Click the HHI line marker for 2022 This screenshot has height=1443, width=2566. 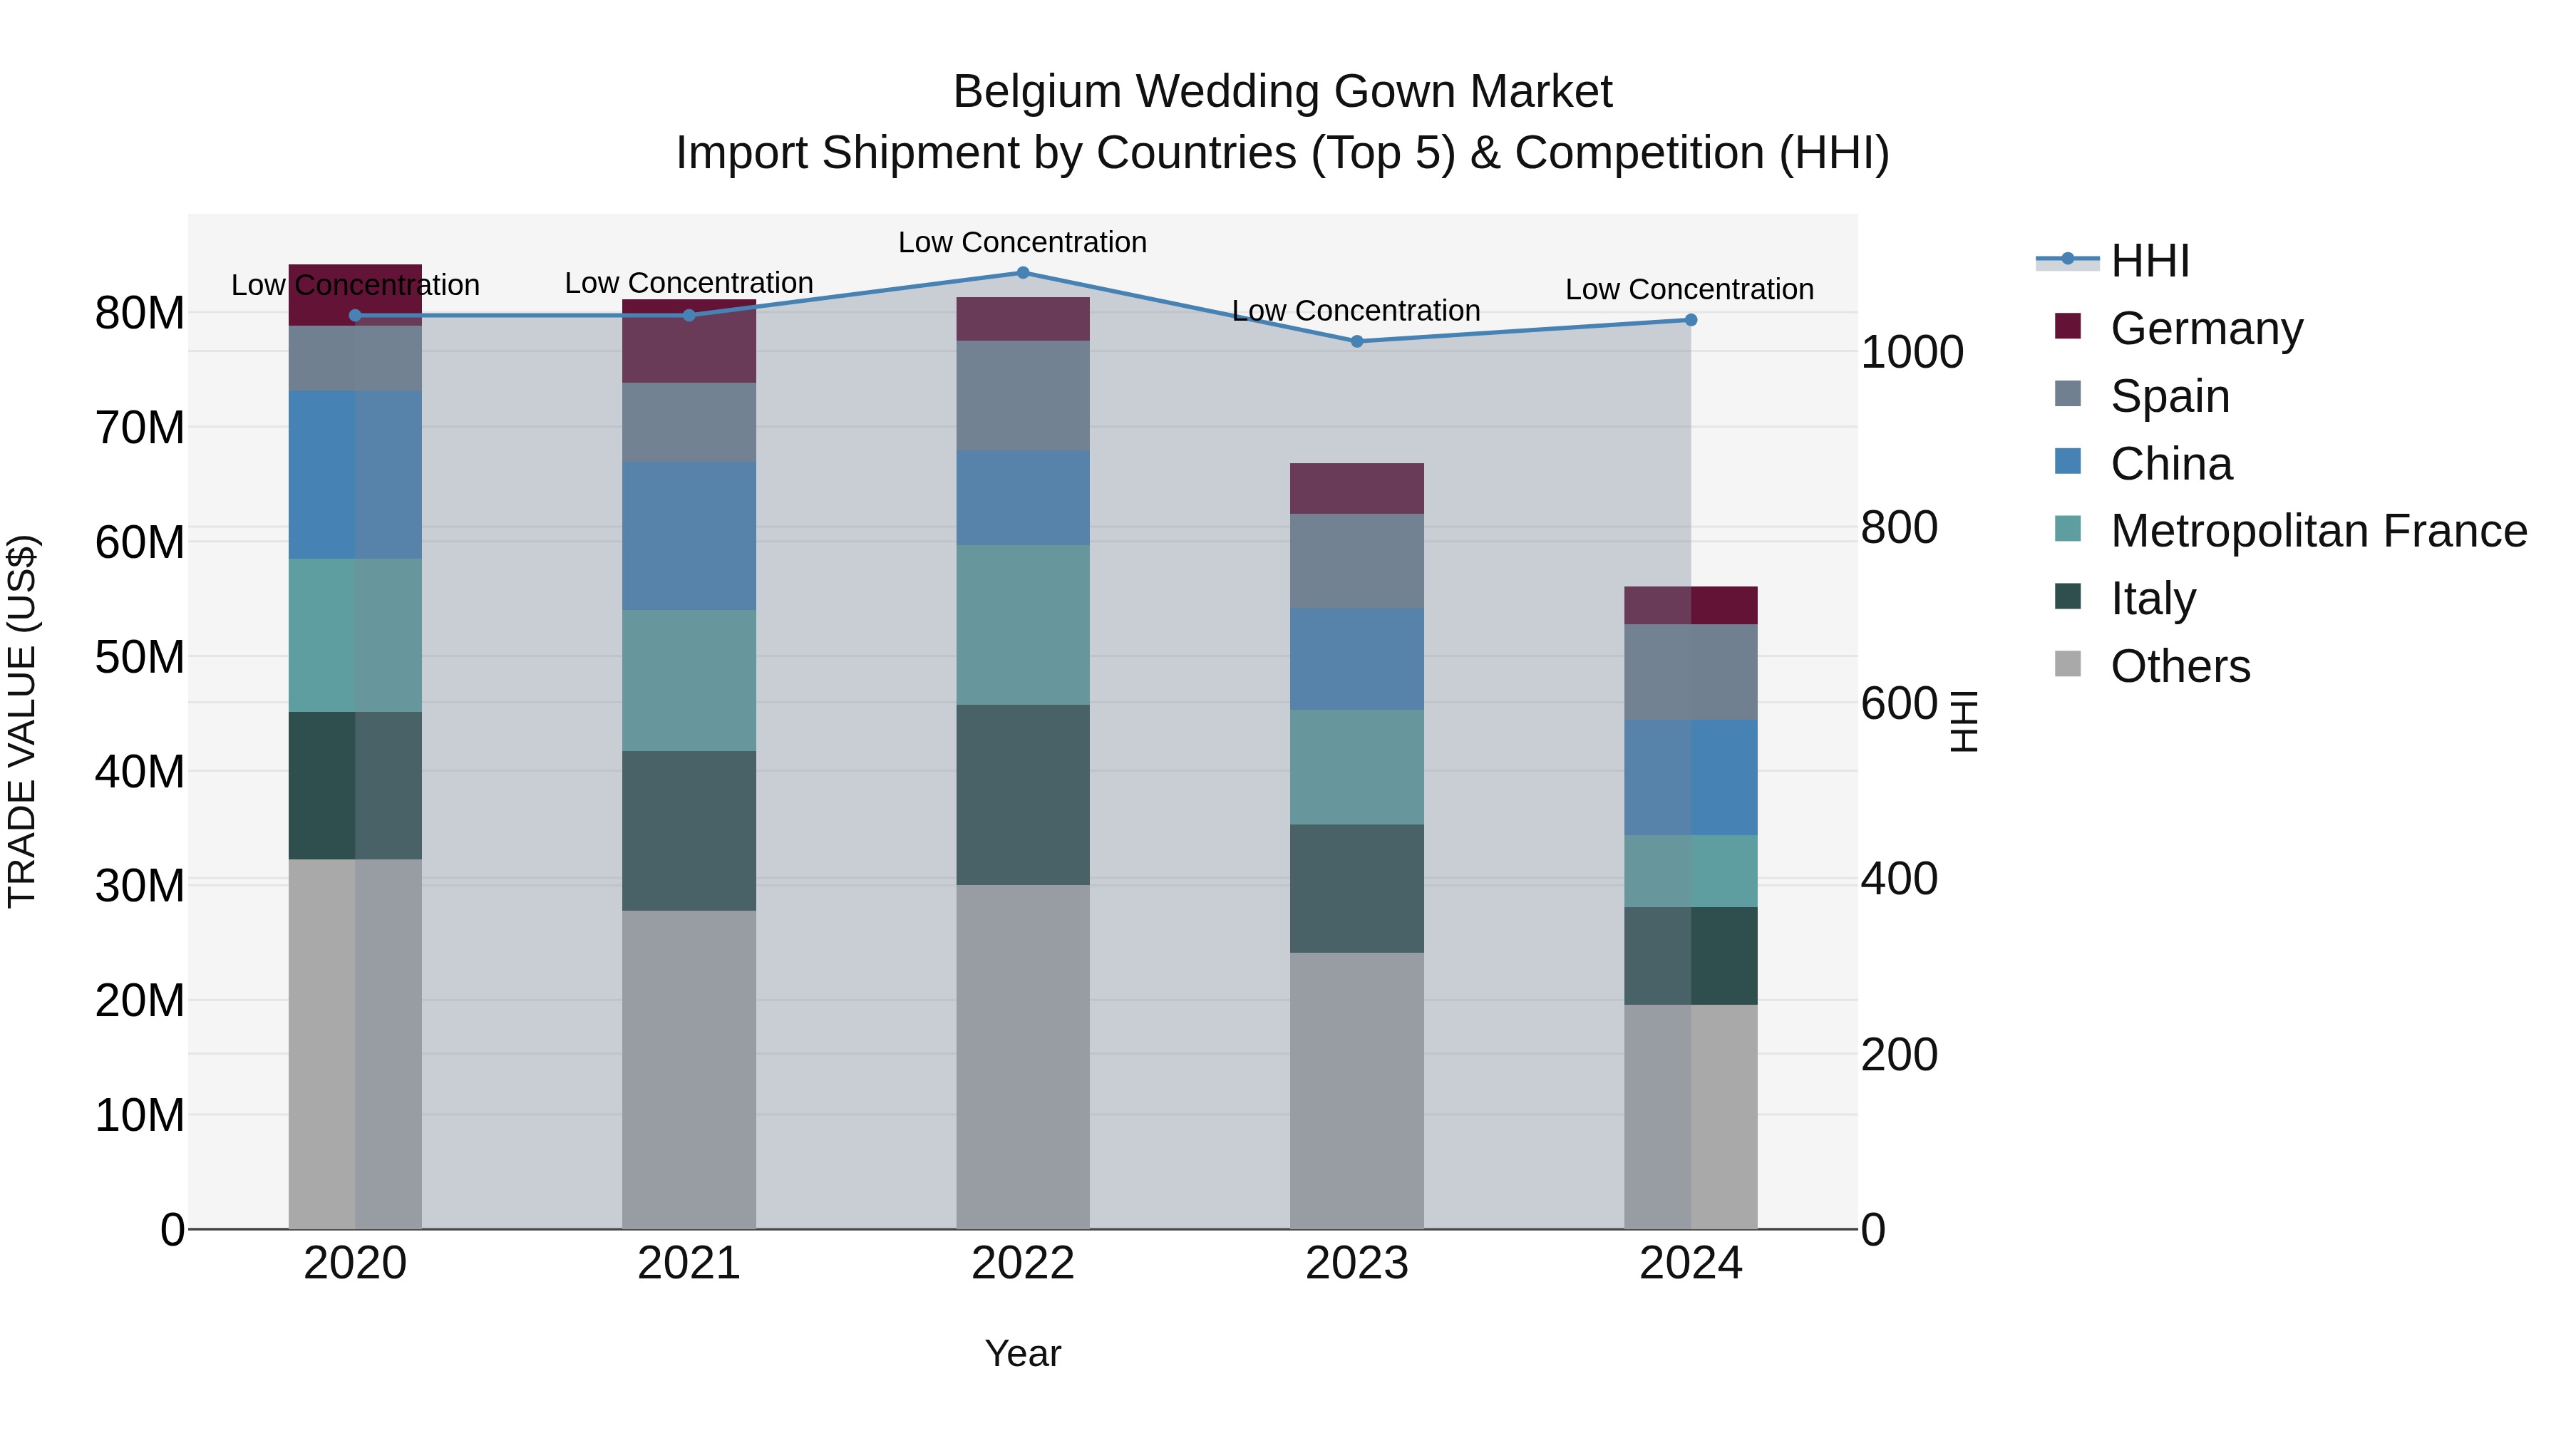pyautogui.click(x=1022, y=273)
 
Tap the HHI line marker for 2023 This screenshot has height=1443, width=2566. pyautogui.click(x=1356, y=341)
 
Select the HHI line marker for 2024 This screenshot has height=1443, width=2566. pyautogui.click(x=1691, y=320)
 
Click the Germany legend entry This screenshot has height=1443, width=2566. pyautogui.click(x=2205, y=329)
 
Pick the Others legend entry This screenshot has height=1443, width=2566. pyautogui.click(x=2180, y=666)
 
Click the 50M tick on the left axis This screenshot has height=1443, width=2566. pyautogui.click(x=140, y=657)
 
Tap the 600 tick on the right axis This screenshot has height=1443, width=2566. pyautogui.click(x=1899, y=704)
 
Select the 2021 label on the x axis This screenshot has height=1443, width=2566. pyautogui.click(x=689, y=1263)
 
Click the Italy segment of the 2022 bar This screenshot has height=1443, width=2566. pyautogui.click(x=1022, y=795)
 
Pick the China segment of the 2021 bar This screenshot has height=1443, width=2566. pyautogui.click(x=689, y=536)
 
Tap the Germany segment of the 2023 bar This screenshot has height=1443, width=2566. pyautogui.click(x=1356, y=488)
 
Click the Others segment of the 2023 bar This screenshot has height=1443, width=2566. pyautogui.click(x=1356, y=1090)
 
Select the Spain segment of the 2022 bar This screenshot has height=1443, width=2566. pyautogui.click(x=1022, y=395)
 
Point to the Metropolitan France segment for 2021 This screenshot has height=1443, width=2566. pyautogui.click(x=689, y=681)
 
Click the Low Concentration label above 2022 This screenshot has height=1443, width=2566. pyautogui.click(x=1022, y=242)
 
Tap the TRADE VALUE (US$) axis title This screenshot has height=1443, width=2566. pyautogui.click(x=22, y=721)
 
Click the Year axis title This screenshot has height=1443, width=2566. pyautogui.click(x=1022, y=1353)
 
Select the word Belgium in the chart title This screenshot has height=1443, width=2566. pyautogui.click(x=1036, y=92)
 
